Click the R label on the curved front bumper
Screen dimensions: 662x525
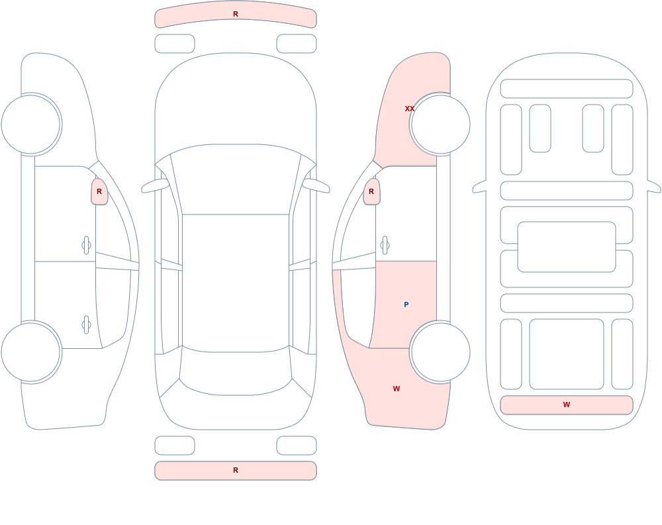(x=236, y=14)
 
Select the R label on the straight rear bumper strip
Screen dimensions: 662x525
(x=236, y=470)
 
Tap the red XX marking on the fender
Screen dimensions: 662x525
(x=410, y=109)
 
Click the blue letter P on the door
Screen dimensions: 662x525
(x=406, y=305)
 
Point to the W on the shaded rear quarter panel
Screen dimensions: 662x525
(x=397, y=389)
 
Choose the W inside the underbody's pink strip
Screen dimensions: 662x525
(x=567, y=405)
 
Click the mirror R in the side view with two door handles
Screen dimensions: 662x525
(x=99, y=191)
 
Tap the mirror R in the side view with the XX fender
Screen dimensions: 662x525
(x=371, y=191)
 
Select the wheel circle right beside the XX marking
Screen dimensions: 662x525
(x=440, y=124)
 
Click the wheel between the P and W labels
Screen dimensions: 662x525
(x=440, y=352)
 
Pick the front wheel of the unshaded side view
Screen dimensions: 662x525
(x=31, y=124)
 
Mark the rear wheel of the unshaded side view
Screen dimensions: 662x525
(x=31, y=352)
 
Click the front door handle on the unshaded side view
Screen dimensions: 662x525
(x=87, y=246)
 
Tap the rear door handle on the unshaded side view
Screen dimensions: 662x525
(x=87, y=325)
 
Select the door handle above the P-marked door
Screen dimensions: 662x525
(x=385, y=246)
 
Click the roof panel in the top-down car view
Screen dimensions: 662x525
(x=236, y=282)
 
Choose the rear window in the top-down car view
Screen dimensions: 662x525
(x=236, y=371)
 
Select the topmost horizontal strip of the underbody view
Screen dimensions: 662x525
(x=567, y=89)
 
